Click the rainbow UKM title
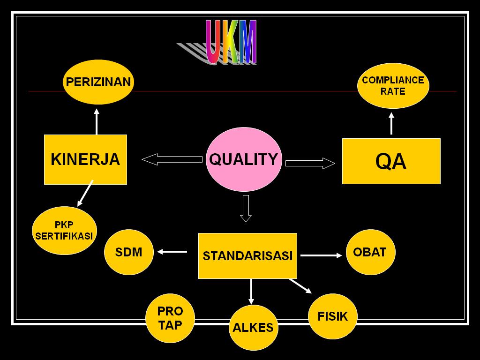point(231,42)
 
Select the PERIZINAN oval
point(98,82)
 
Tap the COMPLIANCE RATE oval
point(393,86)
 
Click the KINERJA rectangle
point(85,159)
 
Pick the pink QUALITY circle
point(244,159)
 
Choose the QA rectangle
point(391,161)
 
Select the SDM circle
point(128,252)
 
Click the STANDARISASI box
point(247,255)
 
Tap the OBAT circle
point(370,252)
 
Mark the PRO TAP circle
point(170,318)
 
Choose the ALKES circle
point(253,328)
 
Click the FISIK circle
point(333,316)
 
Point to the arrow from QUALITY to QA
point(310,163)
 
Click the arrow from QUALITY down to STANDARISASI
point(246,208)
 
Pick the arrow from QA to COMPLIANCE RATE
point(391,123)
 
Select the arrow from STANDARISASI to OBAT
point(321,255)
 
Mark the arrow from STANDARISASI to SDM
point(172,252)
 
